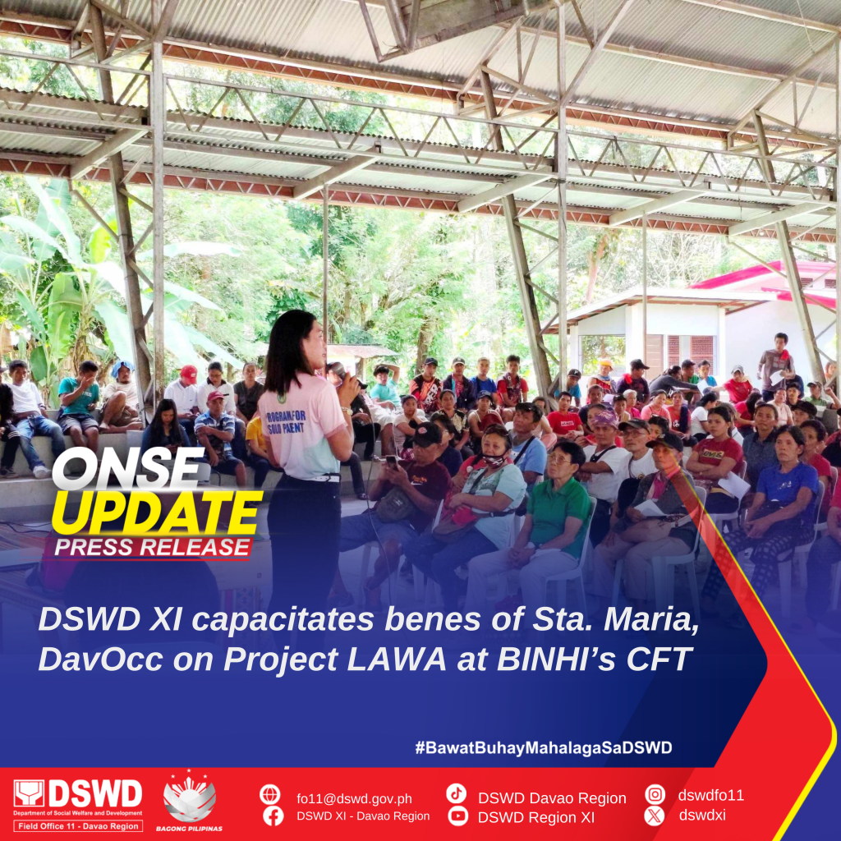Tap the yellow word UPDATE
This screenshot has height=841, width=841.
coord(157,514)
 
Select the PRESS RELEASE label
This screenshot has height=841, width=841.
coord(153,548)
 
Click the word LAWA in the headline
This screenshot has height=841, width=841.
coord(397,659)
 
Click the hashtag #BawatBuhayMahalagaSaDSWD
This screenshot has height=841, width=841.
coord(544,747)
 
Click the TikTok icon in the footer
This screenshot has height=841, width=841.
coord(456,794)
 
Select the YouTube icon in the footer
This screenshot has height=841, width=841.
coord(457,816)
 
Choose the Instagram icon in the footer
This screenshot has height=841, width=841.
coord(655,794)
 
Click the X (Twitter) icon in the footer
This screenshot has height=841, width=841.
coord(655,816)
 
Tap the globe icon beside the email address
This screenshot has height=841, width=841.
coord(269,794)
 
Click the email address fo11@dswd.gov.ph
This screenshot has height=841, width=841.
coord(354,798)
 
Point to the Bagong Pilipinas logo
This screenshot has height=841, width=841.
coord(190,800)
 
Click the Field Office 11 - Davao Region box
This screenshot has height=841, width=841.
coord(78,826)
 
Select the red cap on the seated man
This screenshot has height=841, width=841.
coord(189,372)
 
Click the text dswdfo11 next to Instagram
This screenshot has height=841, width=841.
coord(710,795)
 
